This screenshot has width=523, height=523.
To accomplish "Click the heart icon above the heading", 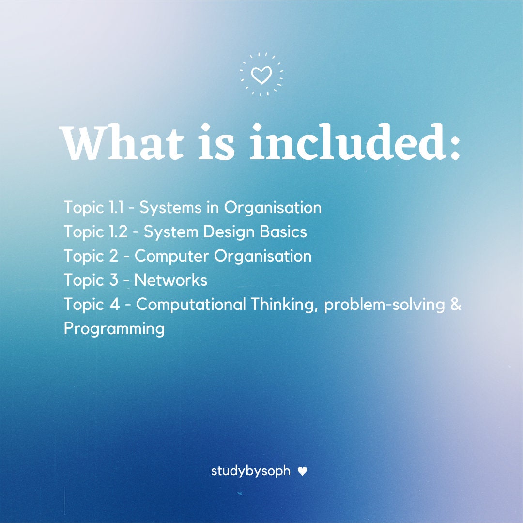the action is click(x=261, y=76).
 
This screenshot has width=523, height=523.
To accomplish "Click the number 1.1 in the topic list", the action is click(x=116, y=207).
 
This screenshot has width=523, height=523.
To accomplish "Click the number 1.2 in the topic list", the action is click(x=119, y=231).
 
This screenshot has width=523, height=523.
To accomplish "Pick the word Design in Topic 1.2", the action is click(x=229, y=232).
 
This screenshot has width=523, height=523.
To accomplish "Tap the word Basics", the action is click(x=283, y=231).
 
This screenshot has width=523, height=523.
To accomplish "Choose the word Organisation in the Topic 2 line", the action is click(x=263, y=256).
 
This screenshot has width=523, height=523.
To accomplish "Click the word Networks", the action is click(x=171, y=280).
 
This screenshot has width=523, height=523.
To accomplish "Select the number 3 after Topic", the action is click(x=114, y=280).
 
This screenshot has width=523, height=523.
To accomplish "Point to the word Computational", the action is click(x=191, y=304).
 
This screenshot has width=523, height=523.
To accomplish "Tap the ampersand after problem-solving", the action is click(x=456, y=304).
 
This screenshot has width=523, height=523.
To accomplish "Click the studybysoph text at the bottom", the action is click(x=251, y=471).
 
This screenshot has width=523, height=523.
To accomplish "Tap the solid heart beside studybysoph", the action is click(x=302, y=471).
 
